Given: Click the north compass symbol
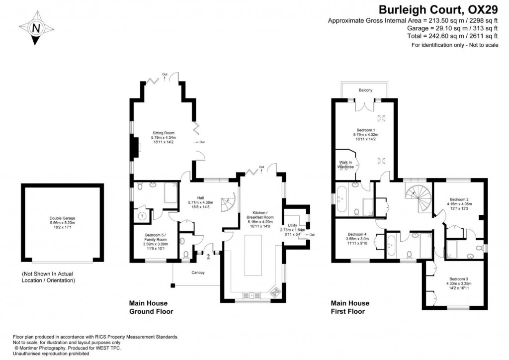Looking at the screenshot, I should click(36, 28).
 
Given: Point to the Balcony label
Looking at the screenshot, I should click(365, 90).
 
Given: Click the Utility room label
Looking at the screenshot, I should click(292, 227).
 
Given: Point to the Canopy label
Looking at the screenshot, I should click(198, 272).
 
